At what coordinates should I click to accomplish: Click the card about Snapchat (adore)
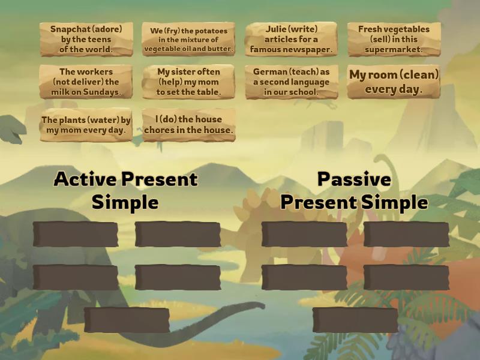pyautogui.click(x=86, y=40)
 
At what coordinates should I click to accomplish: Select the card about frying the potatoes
pyautogui.click(x=188, y=40)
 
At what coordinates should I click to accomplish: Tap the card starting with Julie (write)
pyautogui.click(x=292, y=40)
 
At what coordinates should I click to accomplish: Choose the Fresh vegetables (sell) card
pyautogui.click(x=394, y=40)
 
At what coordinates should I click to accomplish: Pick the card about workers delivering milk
pyautogui.click(x=86, y=82)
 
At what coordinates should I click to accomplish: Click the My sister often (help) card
pyautogui.click(x=188, y=82)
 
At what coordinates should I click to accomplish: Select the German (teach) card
pyautogui.click(x=292, y=82)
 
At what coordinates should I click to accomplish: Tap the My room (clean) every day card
pyautogui.click(x=394, y=82)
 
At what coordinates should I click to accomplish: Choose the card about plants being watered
pyautogui.click(x=86, y=125)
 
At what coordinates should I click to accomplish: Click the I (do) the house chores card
pyautogui.click(x=188, y=125)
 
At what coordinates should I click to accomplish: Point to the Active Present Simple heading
pyautogui.click(x=125, y=190)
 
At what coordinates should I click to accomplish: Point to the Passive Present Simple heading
pyautogui.click(x=354, y=190)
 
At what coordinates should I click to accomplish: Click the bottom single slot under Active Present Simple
pyautogui.click(x=127, y=320)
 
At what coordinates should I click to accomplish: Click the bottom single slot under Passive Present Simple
pyautogui.click(x=355, y=320)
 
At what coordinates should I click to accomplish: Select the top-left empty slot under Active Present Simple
pyautogui.click(x=76, y=235)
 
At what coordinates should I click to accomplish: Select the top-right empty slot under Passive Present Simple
pyautogui.click(x=406, y=235)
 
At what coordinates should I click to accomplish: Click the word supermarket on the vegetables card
pyautogui.click(x=394, y=50)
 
